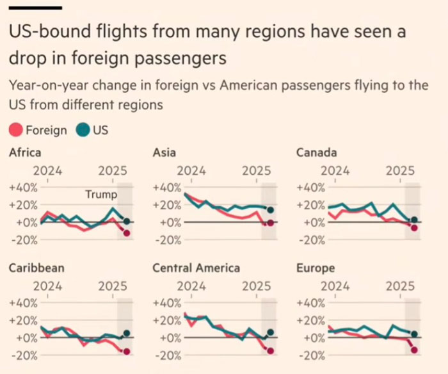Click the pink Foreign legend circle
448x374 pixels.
15,130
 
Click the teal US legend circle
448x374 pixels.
83,130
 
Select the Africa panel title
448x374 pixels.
25,152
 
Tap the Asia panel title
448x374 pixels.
164,152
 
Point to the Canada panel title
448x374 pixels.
317,152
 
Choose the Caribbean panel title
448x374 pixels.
36,268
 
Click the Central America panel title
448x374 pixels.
196,268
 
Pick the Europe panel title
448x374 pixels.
316,268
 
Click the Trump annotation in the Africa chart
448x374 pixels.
101,195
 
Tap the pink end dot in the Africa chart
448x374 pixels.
127,233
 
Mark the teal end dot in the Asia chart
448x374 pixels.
270,210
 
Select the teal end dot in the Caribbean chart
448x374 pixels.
127,334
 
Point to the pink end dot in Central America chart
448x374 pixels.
270,350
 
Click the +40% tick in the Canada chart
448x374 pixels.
311,188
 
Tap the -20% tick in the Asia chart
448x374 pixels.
168,240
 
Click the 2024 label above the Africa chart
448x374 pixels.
47,171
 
